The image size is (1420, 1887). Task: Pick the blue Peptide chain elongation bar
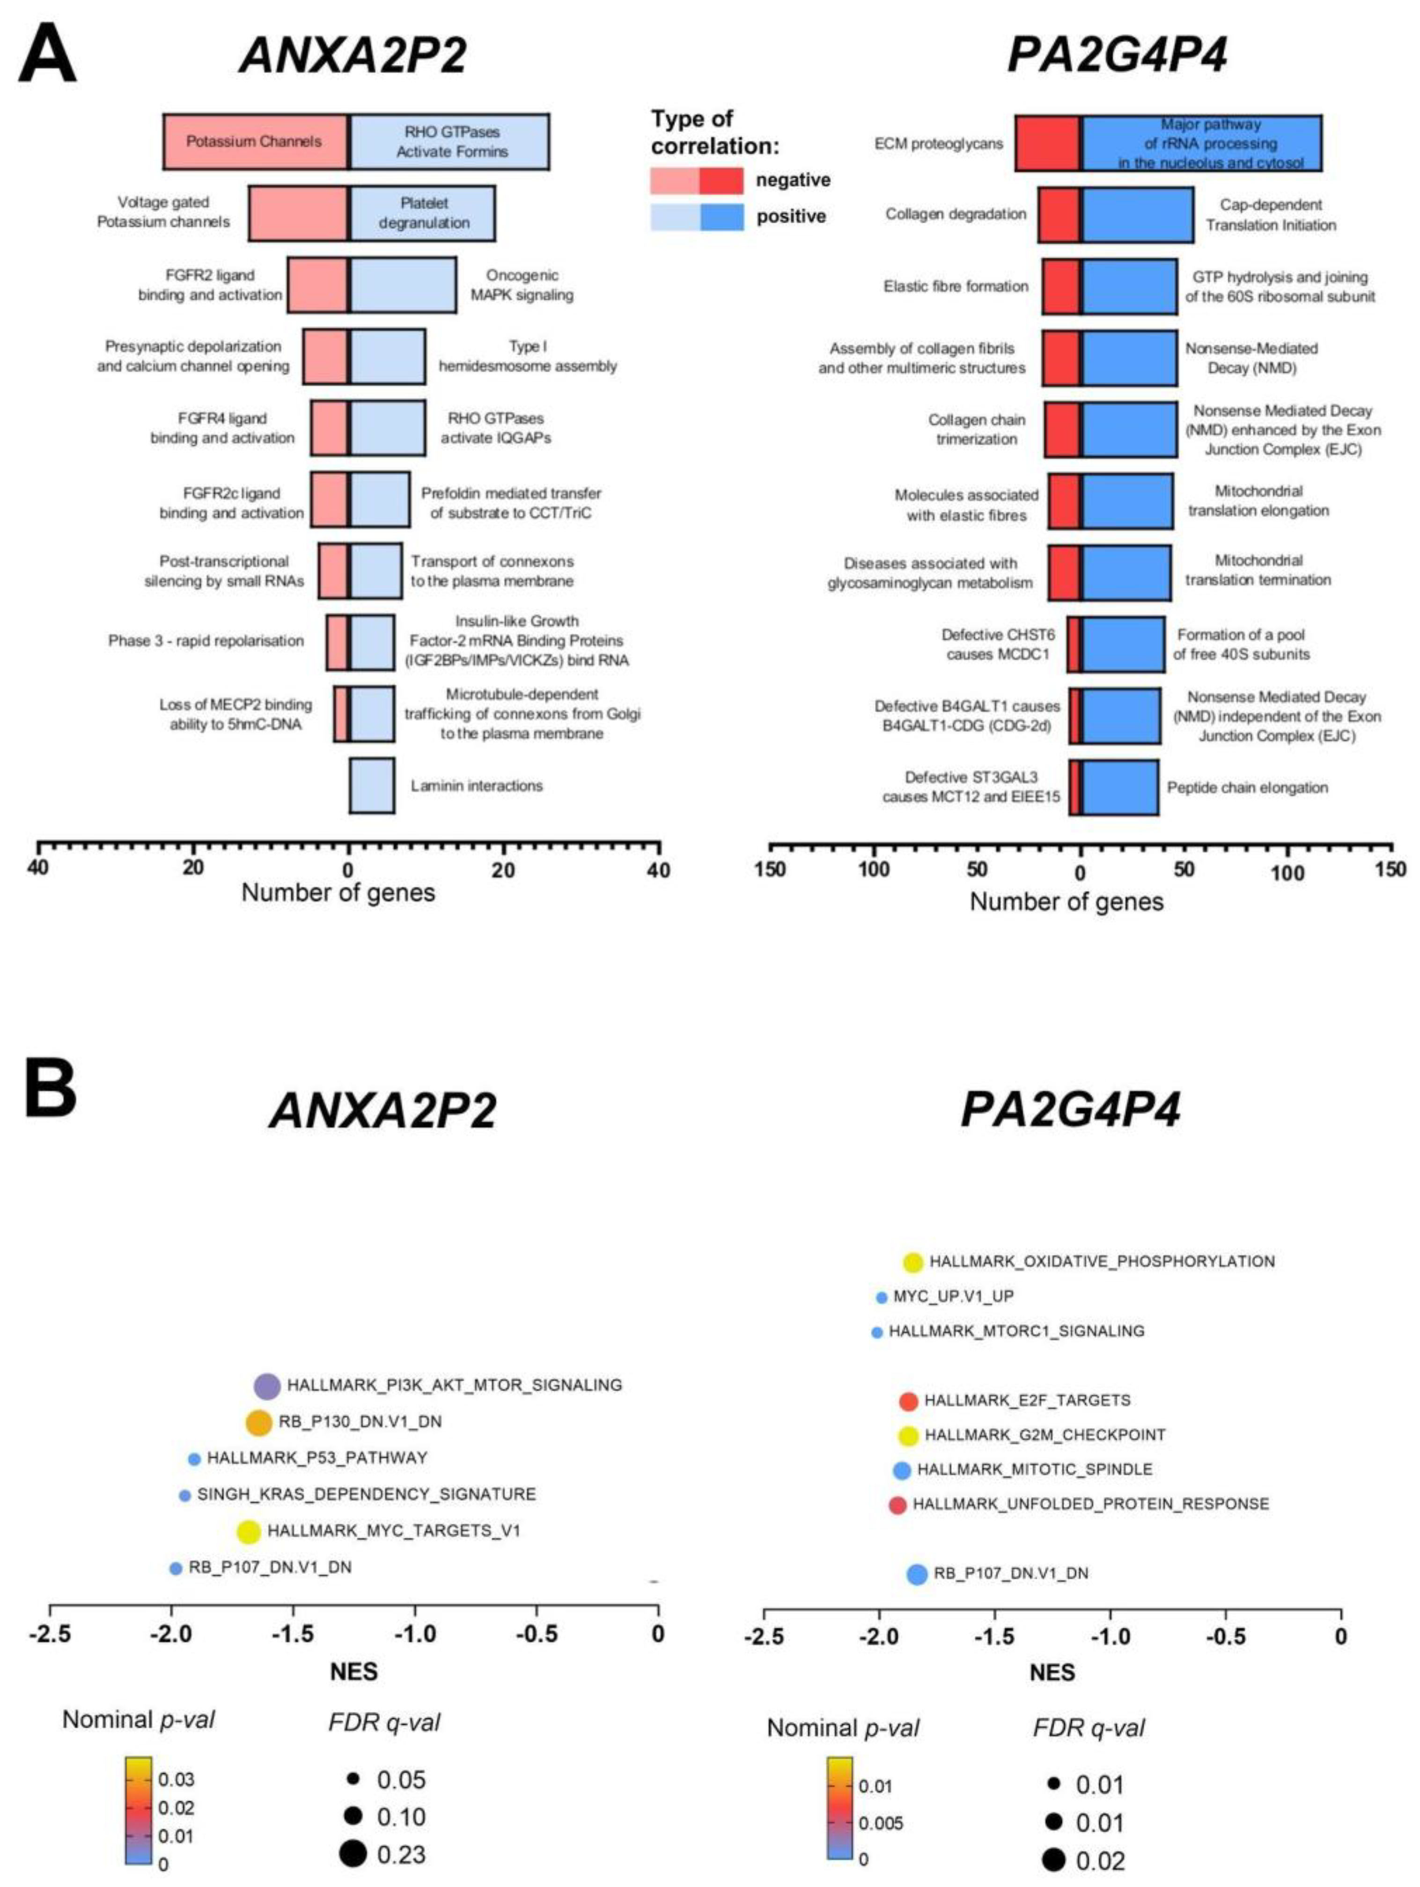pyautogui.click(x=1119, y=786)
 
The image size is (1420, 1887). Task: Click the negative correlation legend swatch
pyautogui.click(x=696, y=180)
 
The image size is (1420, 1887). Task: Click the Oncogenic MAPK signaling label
pyautogui.click(x=522, y=285)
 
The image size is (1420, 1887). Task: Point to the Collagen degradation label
pyautogui.click(x=955, y=213)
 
